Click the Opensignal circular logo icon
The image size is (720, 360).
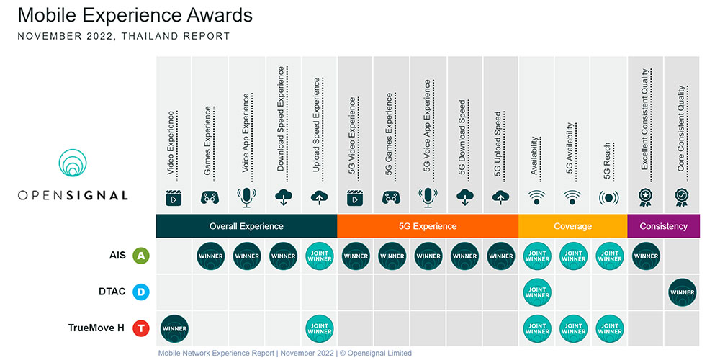pyautogui.click(x=73, y=163)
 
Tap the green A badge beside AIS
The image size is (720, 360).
pyautogui.click(x=141, y=256)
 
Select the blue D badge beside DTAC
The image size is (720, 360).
pyautogui.click(x=141, y=292)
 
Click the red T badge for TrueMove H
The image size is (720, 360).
pyautogui.click(x=141, y=328)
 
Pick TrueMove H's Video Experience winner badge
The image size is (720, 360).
pyautogui.click(x=174, y=329)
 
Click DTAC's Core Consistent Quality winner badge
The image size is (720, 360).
pyautogui.click(x=683, y=292)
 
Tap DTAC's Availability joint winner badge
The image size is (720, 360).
pyautogui.click(x=537, y=292)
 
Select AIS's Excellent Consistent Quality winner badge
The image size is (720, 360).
pyautogui.click(x=646, y=256)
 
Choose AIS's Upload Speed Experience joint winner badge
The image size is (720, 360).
pyautogui.click(x=320, y=256)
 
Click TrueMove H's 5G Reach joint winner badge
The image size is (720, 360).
pyautogui.click(x=610, y=329)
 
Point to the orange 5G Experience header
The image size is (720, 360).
pyautogui.click(x=428, y=226)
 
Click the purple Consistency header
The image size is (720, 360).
pyautogui.click(x=664, y=226)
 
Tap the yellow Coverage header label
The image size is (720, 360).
pyautogui.click(x=573, y=226)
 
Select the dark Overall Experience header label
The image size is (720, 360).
pyautogui.click(x=246, y=226)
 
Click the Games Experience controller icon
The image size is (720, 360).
pyautogui.click(x=210, y=197)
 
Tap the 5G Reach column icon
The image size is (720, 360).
pyautogui.click(x=609, y=198)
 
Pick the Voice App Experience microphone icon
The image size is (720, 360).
pyautogui.click(x=246, y=197)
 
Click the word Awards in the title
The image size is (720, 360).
pyautogui.click(x=220, y=15)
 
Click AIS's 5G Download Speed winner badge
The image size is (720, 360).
pyautogui.click(x=464, y=256)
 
